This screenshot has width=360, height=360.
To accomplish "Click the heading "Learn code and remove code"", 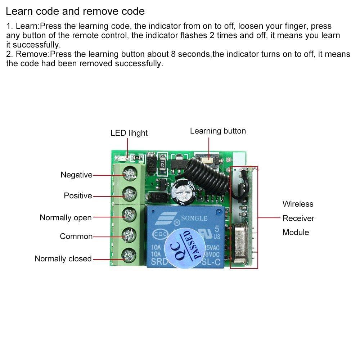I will pos(75,11).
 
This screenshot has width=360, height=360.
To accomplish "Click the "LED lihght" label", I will pos(129,133).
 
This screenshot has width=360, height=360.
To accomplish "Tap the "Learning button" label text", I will pos(218,131).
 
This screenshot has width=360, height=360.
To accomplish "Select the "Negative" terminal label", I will pos(76,175).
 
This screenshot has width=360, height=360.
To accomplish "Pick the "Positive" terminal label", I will pos(78,196).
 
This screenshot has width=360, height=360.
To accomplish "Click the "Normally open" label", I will pos(66,218).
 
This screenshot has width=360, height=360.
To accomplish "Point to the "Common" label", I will pos(76,237).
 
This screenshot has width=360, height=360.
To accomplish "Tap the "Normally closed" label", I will pos(63,259).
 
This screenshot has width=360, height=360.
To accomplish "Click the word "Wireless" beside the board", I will pos(298,204).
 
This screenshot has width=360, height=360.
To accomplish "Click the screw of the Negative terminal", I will pos(128,175).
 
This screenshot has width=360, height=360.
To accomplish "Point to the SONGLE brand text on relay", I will pos(194,218).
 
